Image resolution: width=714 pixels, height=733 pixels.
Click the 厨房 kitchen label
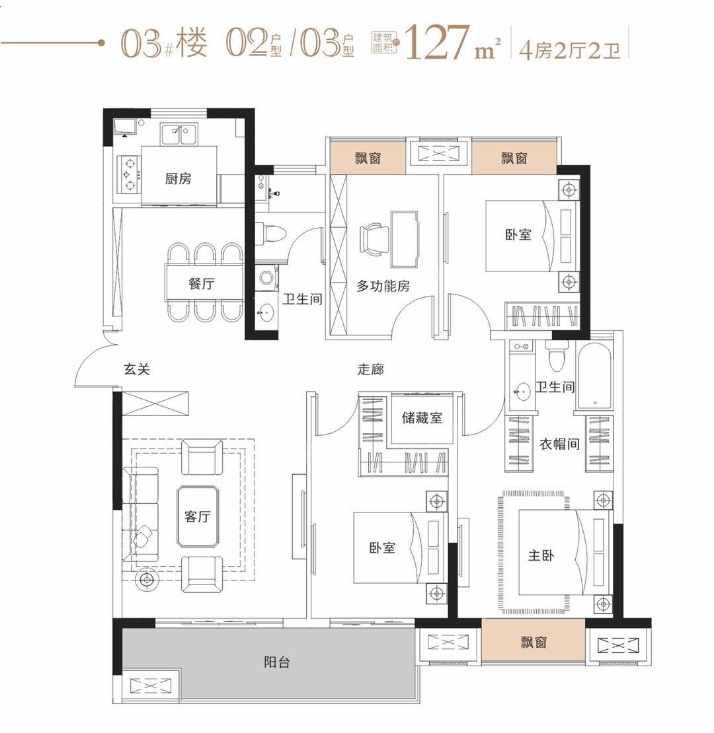[178, 178]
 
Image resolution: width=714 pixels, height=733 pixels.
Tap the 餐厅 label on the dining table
[202, 284]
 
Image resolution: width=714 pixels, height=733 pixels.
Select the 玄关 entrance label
[137, 369]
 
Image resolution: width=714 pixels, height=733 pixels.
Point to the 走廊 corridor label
[371, 369]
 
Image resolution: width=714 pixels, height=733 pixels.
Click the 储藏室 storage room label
[422, 417]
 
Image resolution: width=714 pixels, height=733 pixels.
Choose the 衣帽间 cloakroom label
[559, 444]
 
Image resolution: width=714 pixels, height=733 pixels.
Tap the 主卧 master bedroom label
[541, 555]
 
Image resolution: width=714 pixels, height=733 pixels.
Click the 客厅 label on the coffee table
[196, 516]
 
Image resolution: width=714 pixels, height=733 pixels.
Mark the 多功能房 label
[383, 285]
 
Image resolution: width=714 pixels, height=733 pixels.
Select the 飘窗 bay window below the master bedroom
[533, 641]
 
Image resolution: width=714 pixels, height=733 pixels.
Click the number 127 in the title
[436, 44]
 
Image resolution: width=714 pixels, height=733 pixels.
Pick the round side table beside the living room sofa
[146, 579]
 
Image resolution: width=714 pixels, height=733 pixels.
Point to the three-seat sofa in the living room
[140, 514]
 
